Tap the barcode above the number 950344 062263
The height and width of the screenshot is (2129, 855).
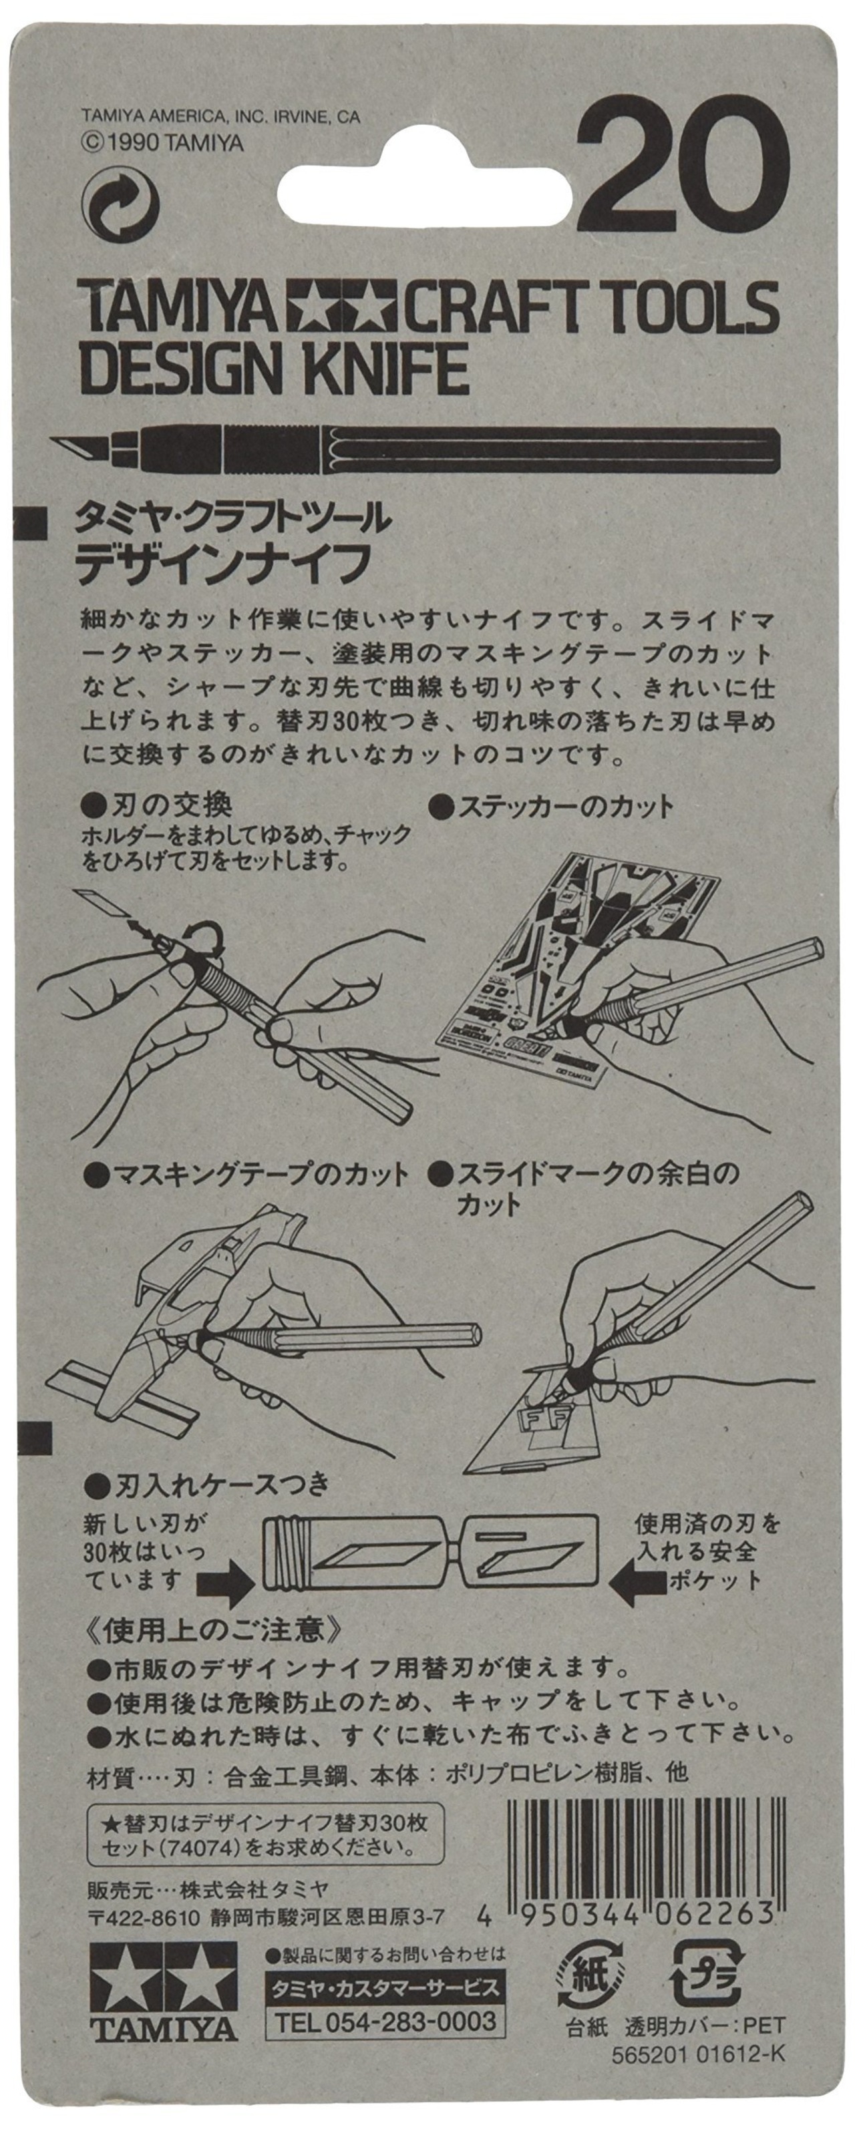click(x=643, y=1834)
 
